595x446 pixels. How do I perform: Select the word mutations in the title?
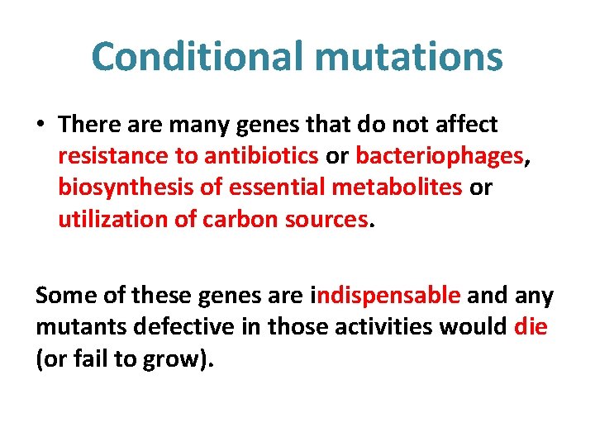(405, 57)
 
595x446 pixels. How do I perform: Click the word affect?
(467, 124)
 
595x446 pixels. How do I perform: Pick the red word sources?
(326, 219)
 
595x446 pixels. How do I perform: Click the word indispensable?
(387, 295)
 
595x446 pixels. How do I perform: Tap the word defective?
(184, 326)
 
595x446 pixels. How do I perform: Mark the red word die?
(531, 326)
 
